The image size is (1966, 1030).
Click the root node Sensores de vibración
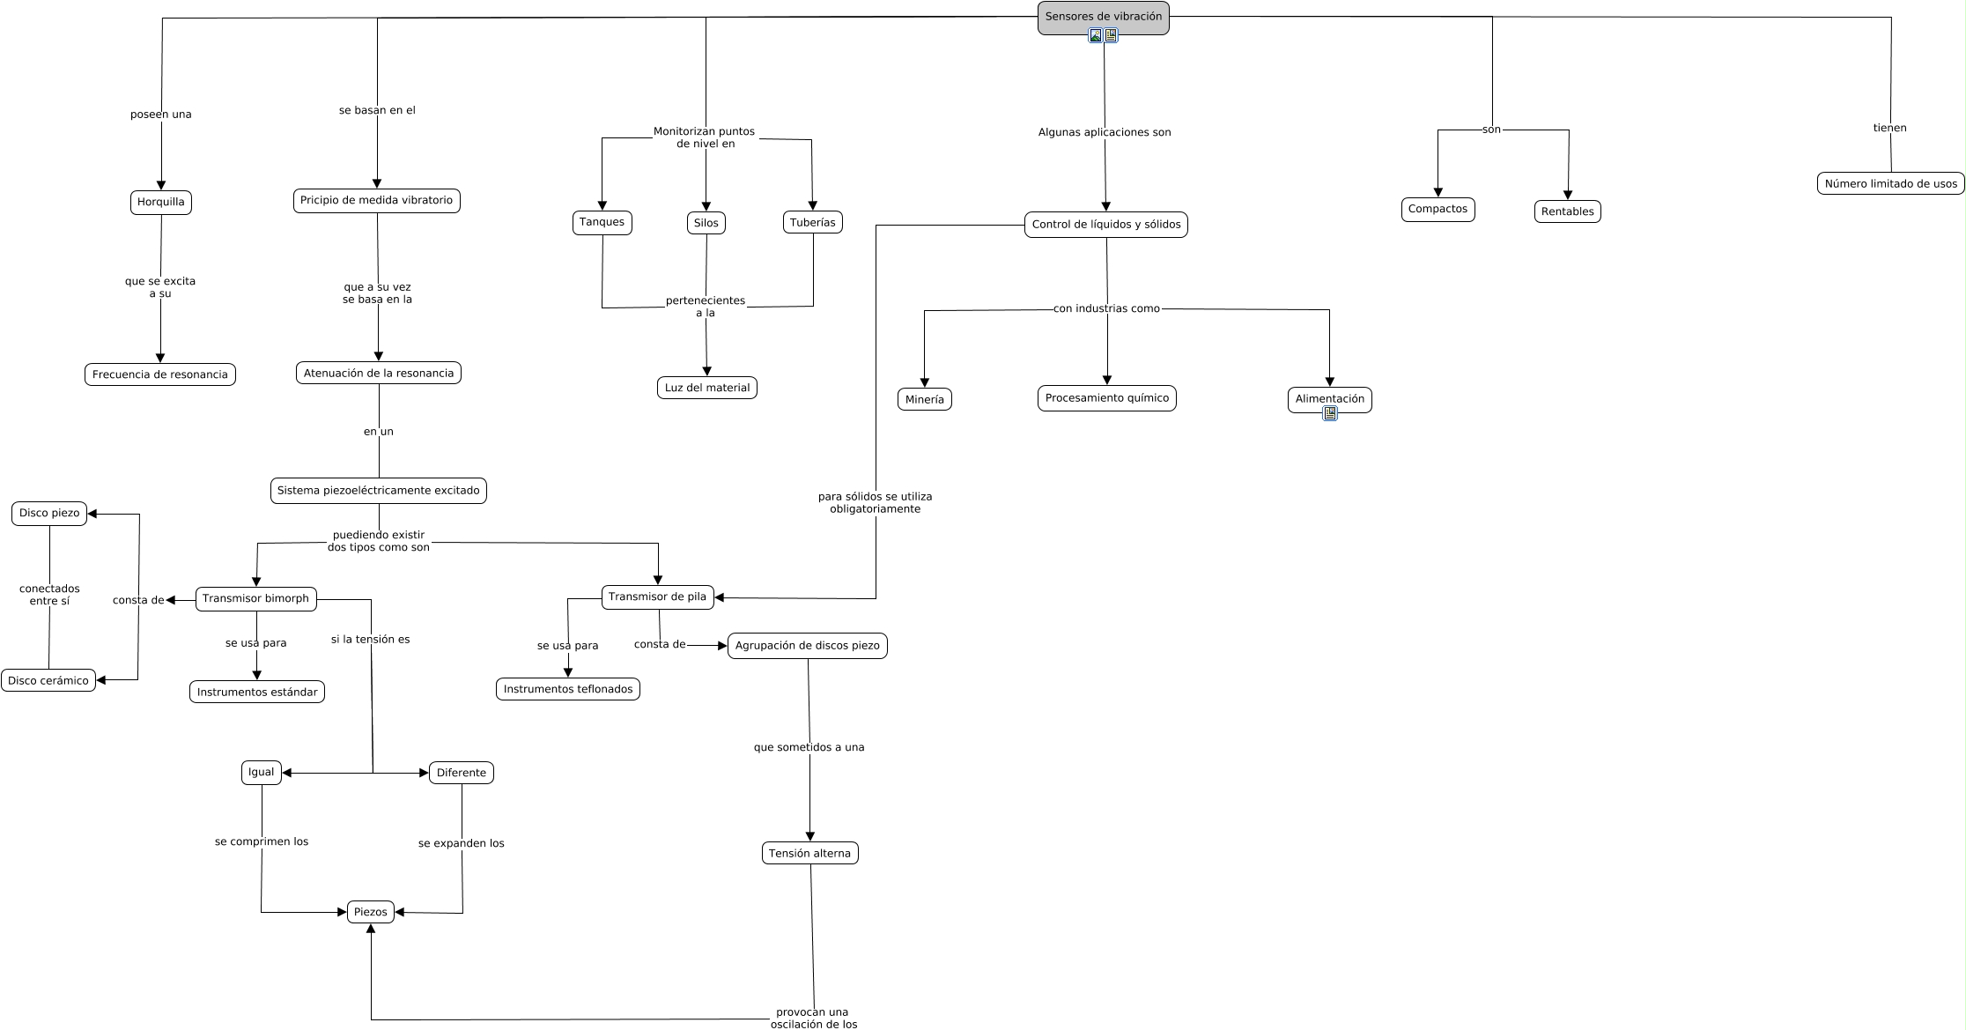coord(1103,18)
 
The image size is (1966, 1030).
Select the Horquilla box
coord(161,203)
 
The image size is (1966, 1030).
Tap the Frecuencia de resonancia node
coord(160,374)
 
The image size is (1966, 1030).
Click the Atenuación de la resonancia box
coord(379,374)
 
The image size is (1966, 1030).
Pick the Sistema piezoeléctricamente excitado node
coord(379,491)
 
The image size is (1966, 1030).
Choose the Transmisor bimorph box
coord(255,599)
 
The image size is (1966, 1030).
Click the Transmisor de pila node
coord(657,597)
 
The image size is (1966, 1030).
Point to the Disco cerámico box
coord(48,681)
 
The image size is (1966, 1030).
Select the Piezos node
coord(371,912)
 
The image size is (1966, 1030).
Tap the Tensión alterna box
coord(809,854)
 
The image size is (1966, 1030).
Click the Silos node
coord(706,224)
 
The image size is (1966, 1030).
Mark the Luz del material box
coord(707,389)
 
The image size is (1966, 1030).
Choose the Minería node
coord(924,400)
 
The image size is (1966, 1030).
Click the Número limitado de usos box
coord(1890,184)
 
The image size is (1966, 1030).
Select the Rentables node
coord(1567,212)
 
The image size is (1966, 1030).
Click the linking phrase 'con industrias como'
coord(1106,309)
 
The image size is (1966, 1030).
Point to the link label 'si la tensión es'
coord(370,640)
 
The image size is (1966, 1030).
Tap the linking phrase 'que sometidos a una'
coord(809,748)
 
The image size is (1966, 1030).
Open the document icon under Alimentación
coord(1330,413)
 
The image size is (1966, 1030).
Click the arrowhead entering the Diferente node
coord(424,774)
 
